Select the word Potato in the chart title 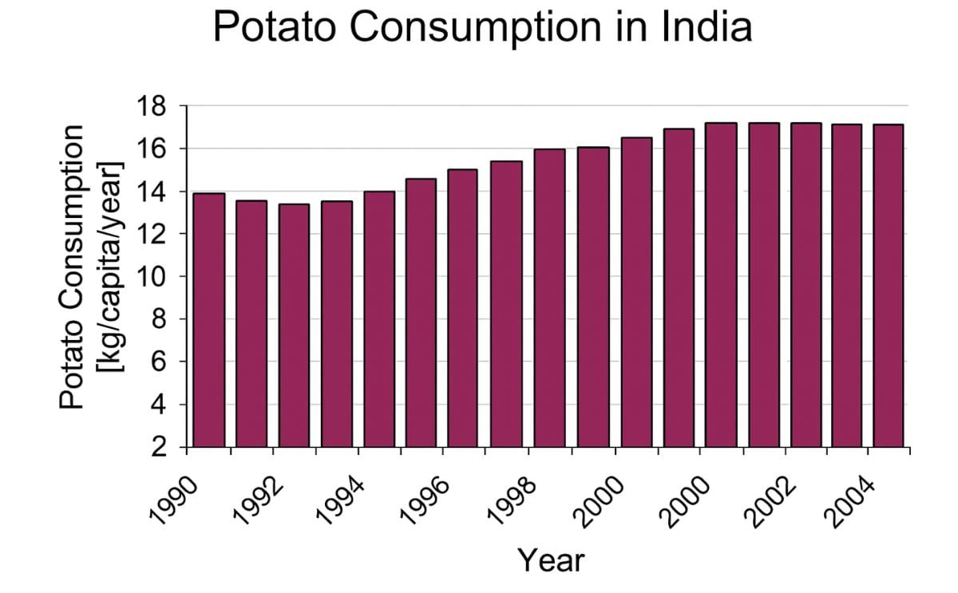click(274, 27)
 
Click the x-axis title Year click(551, 559)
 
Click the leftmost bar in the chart click(209, 320)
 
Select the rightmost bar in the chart click(889, 286)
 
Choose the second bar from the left click(251, 323)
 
